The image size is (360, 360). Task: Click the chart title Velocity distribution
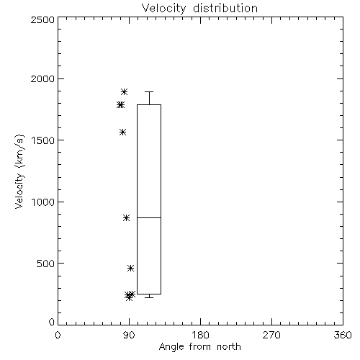point(199,9)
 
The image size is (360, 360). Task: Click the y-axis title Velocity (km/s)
point(19,171)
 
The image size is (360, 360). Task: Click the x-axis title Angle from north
point(199,347)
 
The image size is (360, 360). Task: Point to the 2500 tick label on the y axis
point(42,19)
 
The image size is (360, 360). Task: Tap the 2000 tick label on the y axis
point(42,78)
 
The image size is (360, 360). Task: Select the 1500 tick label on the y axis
point(43,140)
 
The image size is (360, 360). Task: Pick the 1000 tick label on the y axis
point(43,202)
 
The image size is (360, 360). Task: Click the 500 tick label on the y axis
point(46,264)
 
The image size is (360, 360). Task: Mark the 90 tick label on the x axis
point(130,335)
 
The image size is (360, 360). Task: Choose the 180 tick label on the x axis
point(200,335)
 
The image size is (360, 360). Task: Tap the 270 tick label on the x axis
point(271,335)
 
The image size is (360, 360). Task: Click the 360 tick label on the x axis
point(343,335)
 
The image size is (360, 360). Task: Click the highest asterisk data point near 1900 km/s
point(124,91)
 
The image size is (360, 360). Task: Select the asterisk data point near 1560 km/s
point(123,132)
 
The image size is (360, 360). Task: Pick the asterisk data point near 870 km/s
point(127,218)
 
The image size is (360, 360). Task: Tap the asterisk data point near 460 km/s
point(130,268)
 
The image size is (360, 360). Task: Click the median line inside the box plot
point(149,217)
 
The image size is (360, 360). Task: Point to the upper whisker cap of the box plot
point(149,91)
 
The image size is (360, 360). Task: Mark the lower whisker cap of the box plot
point(149,297)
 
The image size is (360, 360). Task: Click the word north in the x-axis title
point(229,347)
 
